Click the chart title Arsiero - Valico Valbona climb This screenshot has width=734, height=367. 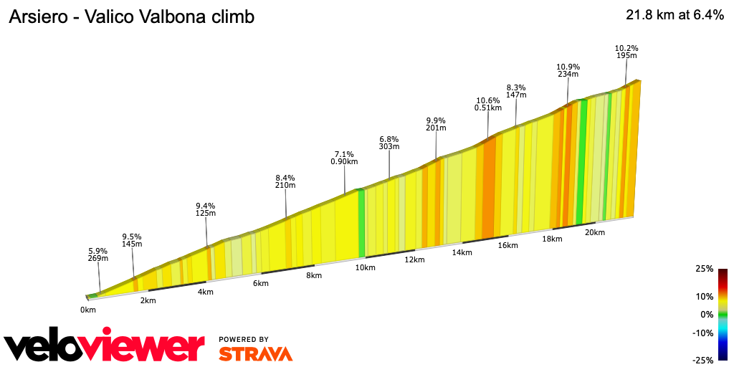point(131,16)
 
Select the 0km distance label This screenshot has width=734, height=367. point(88,310)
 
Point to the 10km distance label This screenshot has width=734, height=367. point(365,267)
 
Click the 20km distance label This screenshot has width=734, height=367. point(595,232)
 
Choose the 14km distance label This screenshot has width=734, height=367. point(462,252)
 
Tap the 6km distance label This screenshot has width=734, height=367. point(261,283)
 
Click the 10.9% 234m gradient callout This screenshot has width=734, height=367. point(568,69)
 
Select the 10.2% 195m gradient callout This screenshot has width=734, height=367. point(626,52)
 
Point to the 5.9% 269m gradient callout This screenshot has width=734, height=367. point(98,254)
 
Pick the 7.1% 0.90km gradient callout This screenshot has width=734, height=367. point(345,158)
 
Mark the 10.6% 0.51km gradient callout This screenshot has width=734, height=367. point(488,104)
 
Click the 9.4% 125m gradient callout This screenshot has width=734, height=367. point(206,209)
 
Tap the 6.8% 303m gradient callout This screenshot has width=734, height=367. point(389,142)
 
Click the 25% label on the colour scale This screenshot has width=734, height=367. point(705,269)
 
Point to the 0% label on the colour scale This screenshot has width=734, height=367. point(707,314)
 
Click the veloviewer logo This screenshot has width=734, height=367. point(104,346)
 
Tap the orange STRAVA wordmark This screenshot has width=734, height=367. point(255,353)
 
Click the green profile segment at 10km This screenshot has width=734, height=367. point(361,222)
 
